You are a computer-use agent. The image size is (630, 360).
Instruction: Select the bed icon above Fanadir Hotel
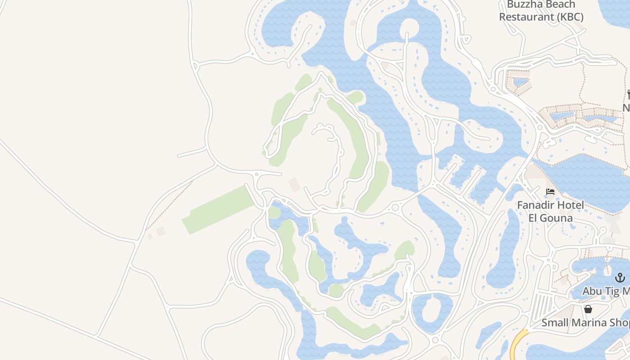550,192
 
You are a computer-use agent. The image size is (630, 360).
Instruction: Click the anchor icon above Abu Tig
620,278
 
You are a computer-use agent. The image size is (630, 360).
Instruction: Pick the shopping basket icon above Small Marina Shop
588,309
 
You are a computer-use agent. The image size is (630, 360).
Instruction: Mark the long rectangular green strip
218,210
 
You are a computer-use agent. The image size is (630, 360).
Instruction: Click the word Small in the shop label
554,323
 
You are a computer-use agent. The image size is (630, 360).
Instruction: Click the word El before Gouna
534,218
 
